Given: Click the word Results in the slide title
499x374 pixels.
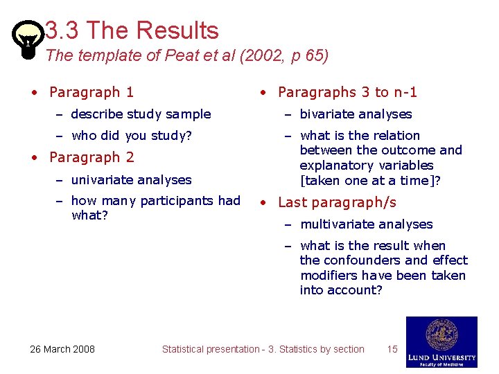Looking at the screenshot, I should click(x=178, y=30).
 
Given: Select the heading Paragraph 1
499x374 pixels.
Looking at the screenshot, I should click(x=91, y=92).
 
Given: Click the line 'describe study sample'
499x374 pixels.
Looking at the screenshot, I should click(x=141, y=114).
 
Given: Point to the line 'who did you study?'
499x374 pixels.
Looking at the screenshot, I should click(x=131, y=136).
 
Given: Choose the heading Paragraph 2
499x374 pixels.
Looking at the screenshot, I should click(x=91, y=157).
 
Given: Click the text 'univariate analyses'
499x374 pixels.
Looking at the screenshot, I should click(x=131, y=180).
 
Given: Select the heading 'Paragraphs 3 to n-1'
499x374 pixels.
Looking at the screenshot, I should click(x=347, y=92).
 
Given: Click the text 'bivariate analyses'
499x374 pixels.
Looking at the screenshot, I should click(x=356, y=114).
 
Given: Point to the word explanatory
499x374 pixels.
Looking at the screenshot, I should click(x=336, y=166).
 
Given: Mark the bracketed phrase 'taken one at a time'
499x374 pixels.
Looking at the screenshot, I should click(x=363, y=181).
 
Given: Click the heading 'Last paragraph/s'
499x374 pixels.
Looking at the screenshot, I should click(x=337, y=202).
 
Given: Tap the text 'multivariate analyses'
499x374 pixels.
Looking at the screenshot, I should click(x=366, y=224).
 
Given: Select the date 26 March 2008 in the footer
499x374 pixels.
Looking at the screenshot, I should click(x=62, y=349).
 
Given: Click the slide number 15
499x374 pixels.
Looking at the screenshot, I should click(x=392, y=349).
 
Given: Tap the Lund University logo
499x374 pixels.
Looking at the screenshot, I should click(x=441, y=342).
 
